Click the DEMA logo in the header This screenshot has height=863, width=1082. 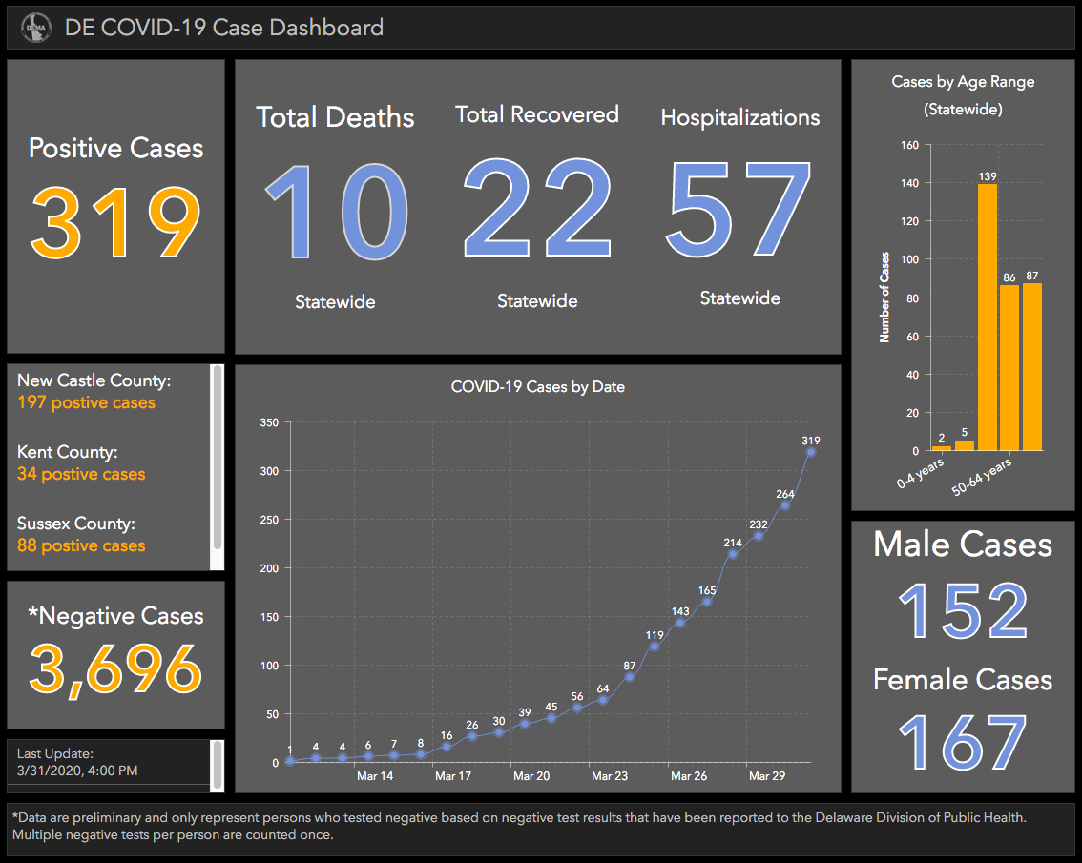(36, 28)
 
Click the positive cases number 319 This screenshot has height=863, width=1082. (115, 223)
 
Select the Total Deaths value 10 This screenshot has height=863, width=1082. (337, 212)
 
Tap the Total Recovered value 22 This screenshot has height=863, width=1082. (537, 208)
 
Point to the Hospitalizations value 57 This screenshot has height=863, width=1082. (738, 208)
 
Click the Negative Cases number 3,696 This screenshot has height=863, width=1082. (115, 668)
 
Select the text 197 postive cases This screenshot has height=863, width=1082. (86, 402)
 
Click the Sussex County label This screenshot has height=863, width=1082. (76, 524)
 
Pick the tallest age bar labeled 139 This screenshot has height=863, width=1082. (988, 318)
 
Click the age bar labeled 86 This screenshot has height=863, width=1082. (1009, 368)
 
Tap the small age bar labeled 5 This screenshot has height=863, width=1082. (965, 445)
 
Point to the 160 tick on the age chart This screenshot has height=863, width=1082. (909, 145)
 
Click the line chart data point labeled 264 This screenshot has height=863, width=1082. (785, 505)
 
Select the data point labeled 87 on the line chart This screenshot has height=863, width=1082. (630, 677)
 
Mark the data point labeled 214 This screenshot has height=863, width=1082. (733, 555)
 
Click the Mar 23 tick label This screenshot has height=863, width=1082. (610, 776)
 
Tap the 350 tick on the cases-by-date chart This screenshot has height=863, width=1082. (269, 422)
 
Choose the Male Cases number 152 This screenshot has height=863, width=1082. (964, 610)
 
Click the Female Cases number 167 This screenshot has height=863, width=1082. (964, 742)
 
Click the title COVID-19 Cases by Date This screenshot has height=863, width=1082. (538, 387)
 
